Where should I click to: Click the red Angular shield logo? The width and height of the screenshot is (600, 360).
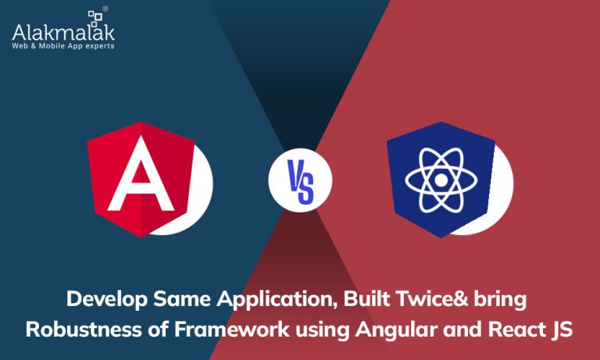pyautogui.click(x=141, y=179)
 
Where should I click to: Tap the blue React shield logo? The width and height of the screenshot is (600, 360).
pyautogui.click(x=441, y=179)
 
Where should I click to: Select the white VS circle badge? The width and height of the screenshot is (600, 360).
pyautogui.click(x=300, y=180)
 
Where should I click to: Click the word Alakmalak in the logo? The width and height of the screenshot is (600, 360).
pyautogui.click(x=63, y=33)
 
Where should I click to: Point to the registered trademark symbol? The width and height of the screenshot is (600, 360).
pyautogui.click(x=105, y=9)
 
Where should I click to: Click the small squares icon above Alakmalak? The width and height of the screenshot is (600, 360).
pyautogui.click(x=95, y=18)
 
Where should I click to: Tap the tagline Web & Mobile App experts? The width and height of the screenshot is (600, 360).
pyautogui.click(x=63, y=46)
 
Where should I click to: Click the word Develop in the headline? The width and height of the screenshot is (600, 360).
pyautogui.click(x=107, y=300)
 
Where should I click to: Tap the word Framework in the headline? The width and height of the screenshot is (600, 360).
pyautogui.click(x=232, y=330)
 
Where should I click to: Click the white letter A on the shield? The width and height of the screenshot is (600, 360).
pyautogui.click(x=141, y=173)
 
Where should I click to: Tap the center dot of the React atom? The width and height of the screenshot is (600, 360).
pyautogui.click(x=441, y=180)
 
